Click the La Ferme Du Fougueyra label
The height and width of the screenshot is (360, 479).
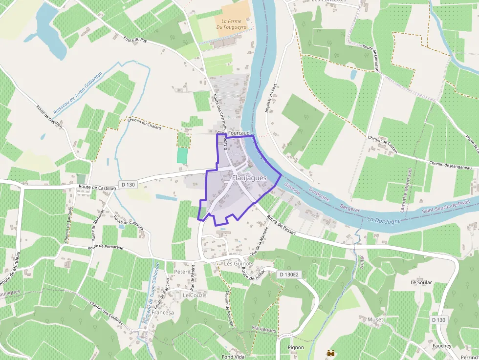click(232, 24)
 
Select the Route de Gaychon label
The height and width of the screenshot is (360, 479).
click(49, 116)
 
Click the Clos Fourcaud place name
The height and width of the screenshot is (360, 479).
click(233, 133)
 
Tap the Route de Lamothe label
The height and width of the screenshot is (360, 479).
click(371, 58)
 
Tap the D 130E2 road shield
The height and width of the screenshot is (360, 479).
click(289, 275)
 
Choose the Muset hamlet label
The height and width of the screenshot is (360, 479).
click(376, 319)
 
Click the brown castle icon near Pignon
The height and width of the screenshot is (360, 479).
click(330, 352)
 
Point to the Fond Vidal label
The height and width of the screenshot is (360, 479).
click(233, 357)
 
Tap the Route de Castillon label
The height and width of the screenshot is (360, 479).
click(97, 188)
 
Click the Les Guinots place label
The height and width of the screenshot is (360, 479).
click(239, 263)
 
